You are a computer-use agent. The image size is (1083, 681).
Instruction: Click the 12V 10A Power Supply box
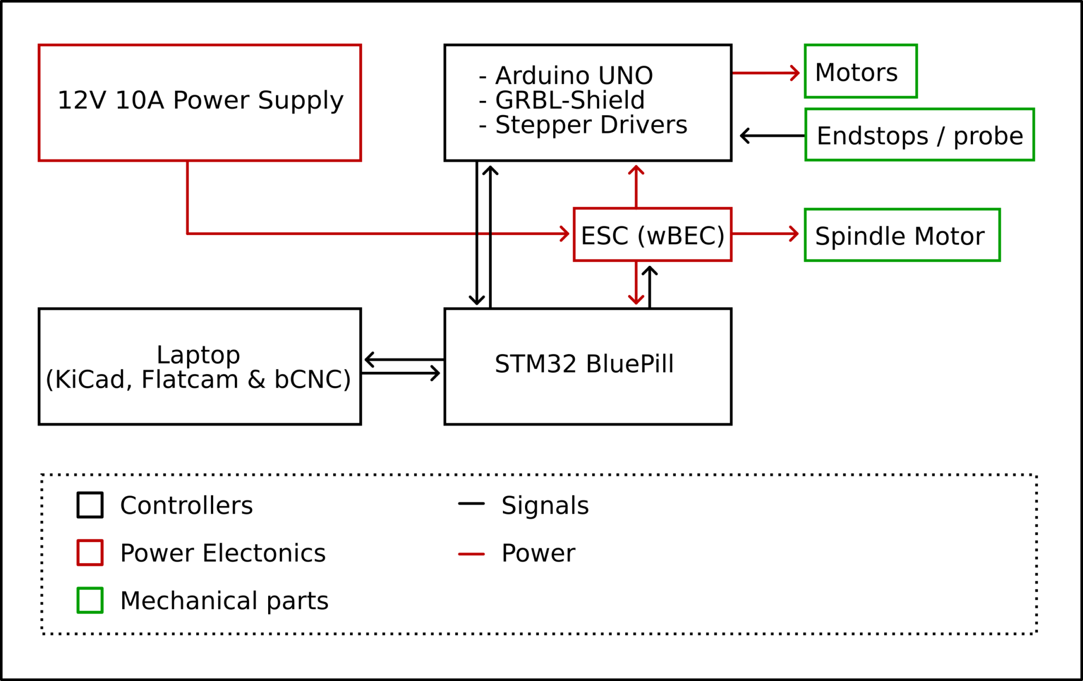coord(200,102)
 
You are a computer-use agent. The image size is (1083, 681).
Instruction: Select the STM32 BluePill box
coord(588,366)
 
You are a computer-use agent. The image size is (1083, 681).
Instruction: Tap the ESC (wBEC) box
coord(653,235)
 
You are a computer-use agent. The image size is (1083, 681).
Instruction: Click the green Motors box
coord(860,71)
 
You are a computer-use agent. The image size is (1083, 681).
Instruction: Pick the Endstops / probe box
coord(919,135)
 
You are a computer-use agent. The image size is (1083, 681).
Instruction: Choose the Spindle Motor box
coord(902,235)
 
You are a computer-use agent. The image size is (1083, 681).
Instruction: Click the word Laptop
coord(198,355)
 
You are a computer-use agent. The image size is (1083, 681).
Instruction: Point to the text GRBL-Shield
coord(570,100)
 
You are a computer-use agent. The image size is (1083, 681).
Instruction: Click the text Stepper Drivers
coord(591,125)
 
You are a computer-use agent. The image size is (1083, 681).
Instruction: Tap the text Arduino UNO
coord(574,76)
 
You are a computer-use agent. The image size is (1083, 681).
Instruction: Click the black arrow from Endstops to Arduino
coord(772,136)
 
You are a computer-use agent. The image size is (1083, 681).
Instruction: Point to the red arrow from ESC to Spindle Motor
coord(766,234)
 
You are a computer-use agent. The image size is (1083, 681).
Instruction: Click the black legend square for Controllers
coord(90,505)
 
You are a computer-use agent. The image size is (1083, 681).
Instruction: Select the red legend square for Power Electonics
coord(90,553)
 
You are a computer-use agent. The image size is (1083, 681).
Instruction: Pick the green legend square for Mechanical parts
coord(90,600)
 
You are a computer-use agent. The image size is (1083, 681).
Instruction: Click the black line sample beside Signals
coord(471,503)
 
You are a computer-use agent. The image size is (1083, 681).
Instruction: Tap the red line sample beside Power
coord(471,554)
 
